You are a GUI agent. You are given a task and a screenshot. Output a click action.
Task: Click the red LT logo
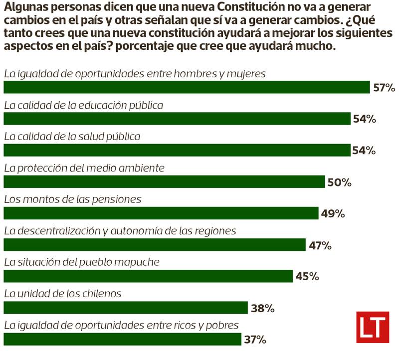click(x=372, y=327)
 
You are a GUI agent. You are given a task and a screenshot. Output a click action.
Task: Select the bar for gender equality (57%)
click(x=187, y=87)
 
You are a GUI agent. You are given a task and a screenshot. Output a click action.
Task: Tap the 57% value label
click(x=384, y=88)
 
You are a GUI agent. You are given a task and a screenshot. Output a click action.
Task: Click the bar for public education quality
click(x=177, y=119)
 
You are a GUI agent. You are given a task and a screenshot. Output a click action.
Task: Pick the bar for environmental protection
click(x=164, y=181)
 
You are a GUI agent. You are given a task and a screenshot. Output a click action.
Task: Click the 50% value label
click(x=339, y=182)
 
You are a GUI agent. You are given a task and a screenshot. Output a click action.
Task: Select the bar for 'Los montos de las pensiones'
click(x=161, y=213)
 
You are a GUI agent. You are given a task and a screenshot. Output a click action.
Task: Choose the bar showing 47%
click(x=154, y=245)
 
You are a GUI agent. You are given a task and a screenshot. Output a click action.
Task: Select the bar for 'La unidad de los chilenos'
click(x=125, y=308)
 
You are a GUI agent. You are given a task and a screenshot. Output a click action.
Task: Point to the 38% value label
click(x=263, y=309)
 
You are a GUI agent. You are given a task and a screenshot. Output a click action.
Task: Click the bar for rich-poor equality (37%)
click(x=122, y=339)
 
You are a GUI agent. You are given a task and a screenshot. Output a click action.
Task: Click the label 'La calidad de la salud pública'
click(x=72, y=136)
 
